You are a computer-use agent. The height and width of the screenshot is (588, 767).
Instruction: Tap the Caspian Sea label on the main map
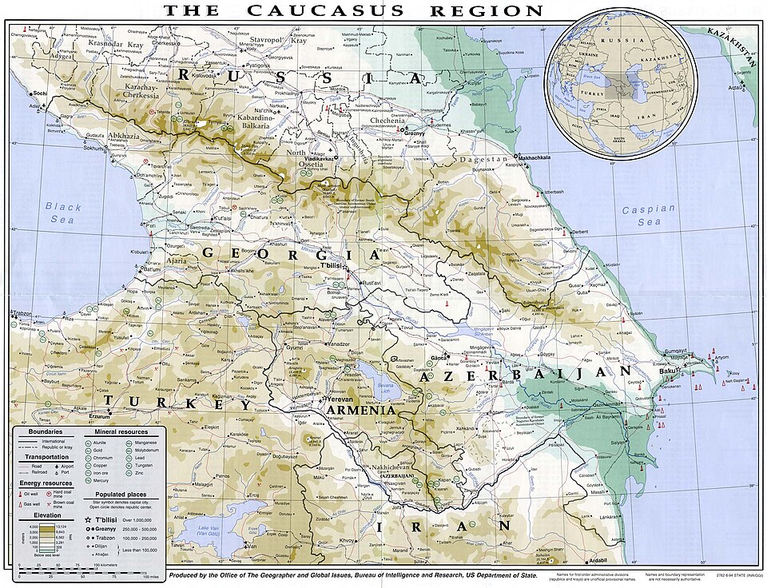point(650,214)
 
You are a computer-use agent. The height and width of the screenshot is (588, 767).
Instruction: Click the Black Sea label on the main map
point(64,213)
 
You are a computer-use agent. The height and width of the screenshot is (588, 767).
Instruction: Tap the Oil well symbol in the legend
point(20,493)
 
